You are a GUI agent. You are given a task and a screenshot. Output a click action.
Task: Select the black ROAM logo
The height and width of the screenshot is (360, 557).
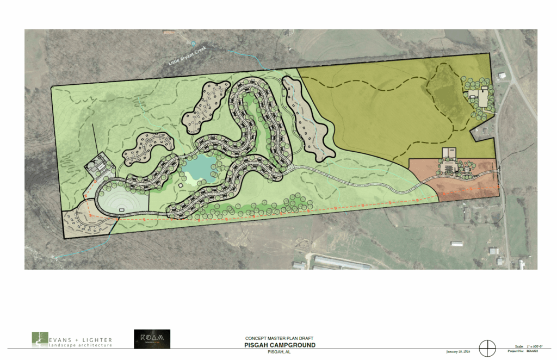coord(152,339)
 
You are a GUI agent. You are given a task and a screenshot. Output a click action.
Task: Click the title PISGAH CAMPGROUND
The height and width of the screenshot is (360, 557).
coord(280,345)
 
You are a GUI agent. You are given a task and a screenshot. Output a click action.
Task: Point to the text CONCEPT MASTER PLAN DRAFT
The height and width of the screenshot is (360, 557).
coord(280,338)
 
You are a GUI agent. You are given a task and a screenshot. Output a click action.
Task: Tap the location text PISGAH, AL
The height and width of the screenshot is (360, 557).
coord(280,352)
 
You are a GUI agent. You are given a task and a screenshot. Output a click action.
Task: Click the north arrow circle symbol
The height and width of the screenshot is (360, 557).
coord(487,347)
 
